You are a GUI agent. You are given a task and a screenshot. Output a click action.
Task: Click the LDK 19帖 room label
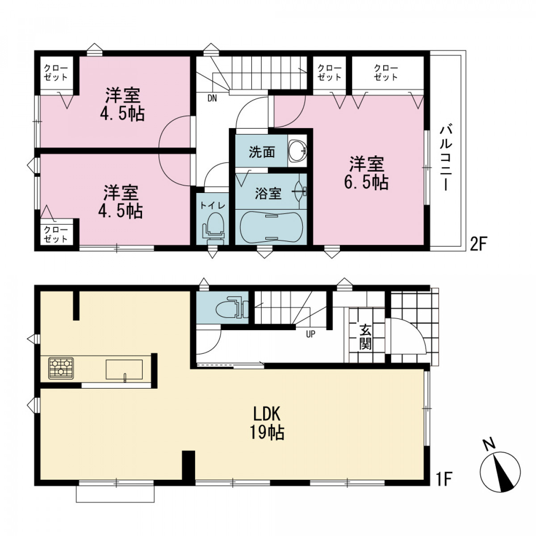pos(267,423)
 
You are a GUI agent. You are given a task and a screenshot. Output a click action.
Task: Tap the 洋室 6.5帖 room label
pos(367,173)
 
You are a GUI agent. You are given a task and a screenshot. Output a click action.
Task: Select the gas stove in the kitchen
pos(61,368)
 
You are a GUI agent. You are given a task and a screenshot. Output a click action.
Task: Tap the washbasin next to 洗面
pos(297,151)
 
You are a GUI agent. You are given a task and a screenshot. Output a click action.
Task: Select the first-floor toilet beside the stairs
pos(232,308)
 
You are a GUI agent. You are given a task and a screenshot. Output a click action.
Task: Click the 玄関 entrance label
pos(365,337)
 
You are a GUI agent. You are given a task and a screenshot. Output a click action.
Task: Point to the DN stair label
pos(212,98)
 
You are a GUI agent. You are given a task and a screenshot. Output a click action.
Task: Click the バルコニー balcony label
pos(446,158)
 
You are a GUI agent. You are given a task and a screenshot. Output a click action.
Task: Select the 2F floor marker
pos(477,244)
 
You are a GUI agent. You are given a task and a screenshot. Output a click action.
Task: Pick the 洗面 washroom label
pos(262,152)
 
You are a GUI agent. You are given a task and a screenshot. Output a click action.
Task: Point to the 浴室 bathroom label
pos(268,193)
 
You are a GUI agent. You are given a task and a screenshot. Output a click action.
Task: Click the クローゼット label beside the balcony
pos(386,73)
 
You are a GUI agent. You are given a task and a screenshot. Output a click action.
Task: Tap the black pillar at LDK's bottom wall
pos(188,465)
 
